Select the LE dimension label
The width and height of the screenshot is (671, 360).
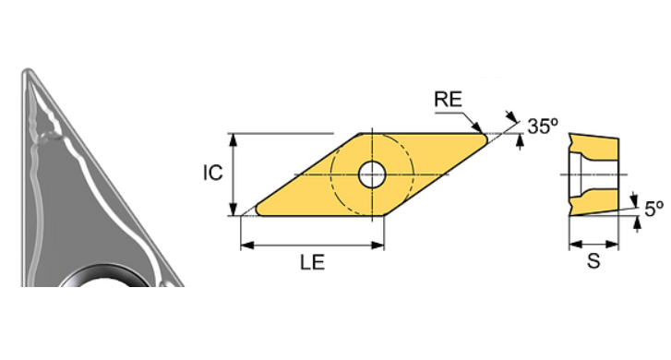point(311,263)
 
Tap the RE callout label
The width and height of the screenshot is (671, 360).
point(449,101)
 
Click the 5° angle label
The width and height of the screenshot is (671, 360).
point(653,209)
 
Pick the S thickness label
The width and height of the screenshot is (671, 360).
point(594,262)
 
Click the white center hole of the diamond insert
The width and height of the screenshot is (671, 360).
point(373,173)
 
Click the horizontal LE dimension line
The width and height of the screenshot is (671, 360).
point(311,246)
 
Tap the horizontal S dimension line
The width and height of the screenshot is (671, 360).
point(594,245)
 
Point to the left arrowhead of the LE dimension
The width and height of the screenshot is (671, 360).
point(245,246)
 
